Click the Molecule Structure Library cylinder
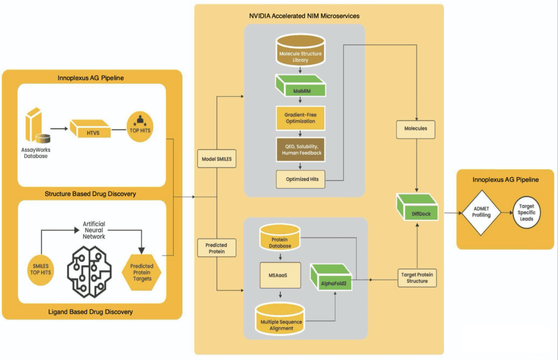click(301, 52)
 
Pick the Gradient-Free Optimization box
click(300, 118)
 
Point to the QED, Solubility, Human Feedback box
click(300, 150)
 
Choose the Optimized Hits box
click(300, 179)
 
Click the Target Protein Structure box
click(417, 277)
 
